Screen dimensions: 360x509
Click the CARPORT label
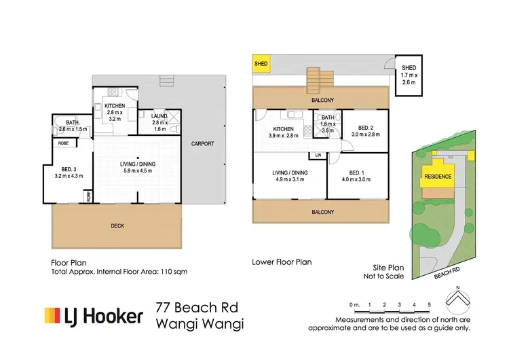(202, 144)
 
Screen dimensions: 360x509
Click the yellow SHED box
(261, 65)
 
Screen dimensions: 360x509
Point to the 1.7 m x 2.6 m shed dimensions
(409, 78)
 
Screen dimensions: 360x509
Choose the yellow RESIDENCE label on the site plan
(437, 175)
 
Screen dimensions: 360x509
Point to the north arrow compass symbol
(459, 299)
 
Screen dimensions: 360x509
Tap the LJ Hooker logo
(94, 316)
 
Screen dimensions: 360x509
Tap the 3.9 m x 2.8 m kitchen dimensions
(283, 135)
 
